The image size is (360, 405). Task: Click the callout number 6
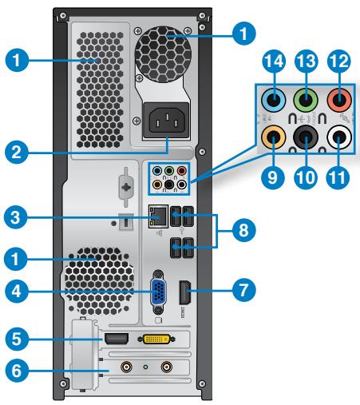click(14, 371)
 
